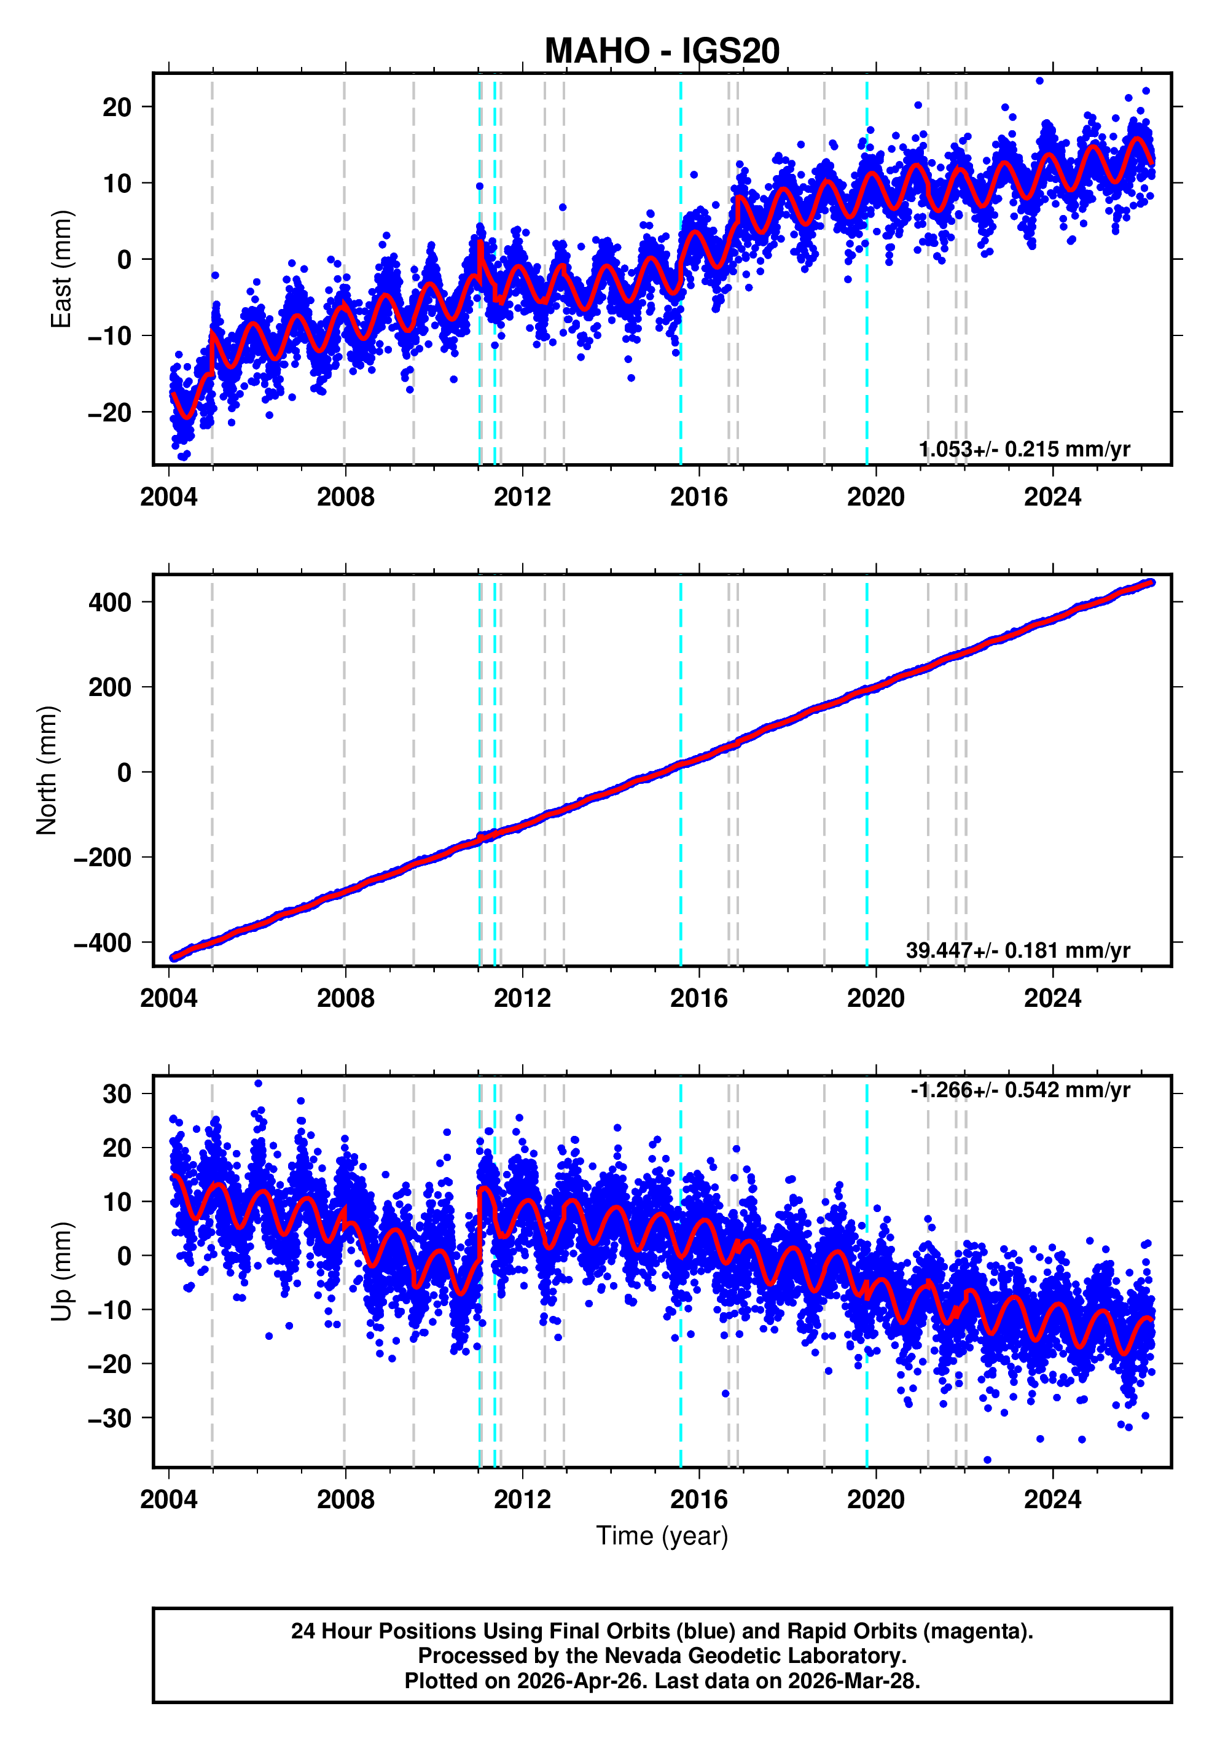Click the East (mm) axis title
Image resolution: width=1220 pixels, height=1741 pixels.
(61, 269)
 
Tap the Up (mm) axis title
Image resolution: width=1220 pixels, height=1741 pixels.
(61, 1271)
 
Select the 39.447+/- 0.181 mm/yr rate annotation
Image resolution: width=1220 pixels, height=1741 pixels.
(1017, 950)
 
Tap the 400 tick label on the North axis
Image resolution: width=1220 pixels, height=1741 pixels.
(110, 602)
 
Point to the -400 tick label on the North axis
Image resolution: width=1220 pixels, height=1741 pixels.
(103, 942)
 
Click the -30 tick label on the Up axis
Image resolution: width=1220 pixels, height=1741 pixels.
(110, 1417)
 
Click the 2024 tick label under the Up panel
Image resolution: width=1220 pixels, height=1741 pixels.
(1052, 1499)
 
